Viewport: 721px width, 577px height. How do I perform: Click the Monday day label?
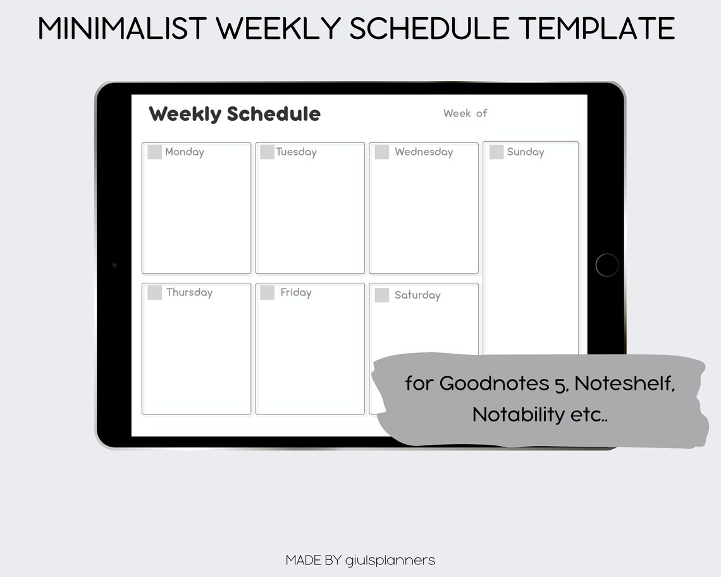pos(185,152)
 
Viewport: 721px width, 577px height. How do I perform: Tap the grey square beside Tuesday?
pos(267,152)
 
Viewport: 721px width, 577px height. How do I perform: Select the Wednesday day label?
pos(424,152)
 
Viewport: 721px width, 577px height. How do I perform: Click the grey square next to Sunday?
pos(496,152)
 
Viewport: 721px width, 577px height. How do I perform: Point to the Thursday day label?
pos(189,292)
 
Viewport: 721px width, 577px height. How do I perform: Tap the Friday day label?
pos(296,292)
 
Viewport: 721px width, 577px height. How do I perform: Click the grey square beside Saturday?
pos(382,295)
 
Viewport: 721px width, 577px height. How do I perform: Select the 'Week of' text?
pos(465,113)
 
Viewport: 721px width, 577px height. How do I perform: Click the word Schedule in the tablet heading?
pos(273,114)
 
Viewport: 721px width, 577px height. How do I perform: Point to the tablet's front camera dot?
pos(114,265)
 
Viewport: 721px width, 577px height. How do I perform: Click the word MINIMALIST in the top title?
pos(123,28)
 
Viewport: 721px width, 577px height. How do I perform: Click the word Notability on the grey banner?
pos(518,415)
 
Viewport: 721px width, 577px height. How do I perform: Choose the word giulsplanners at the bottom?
pos(390,560)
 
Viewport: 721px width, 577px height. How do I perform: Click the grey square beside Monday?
pos(155,152)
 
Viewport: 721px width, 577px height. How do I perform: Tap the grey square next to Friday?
pos(267,292)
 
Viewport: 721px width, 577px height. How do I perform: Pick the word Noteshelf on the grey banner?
pos(625,383)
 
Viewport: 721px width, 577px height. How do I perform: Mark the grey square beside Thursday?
pos(155,292)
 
